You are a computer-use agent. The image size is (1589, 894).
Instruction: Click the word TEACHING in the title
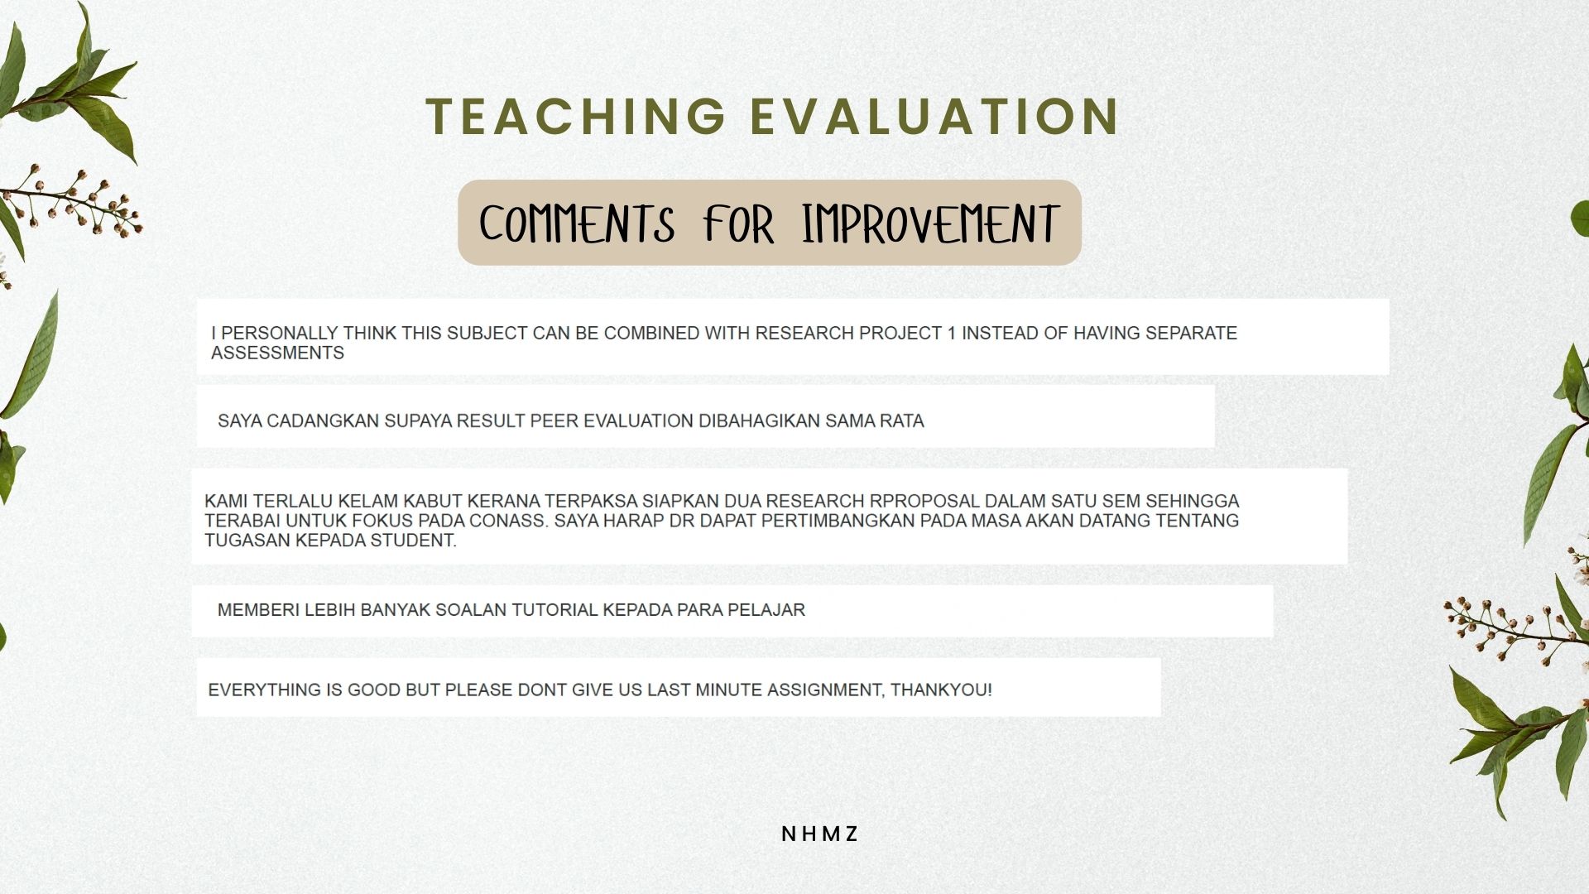point(576,115)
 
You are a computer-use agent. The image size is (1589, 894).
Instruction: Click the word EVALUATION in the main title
point(935,115)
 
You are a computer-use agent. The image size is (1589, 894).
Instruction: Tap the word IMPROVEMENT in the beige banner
point(930,223)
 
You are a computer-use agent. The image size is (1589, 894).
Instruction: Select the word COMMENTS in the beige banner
point(577,223)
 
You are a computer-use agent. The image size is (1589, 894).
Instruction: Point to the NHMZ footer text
point(819,834)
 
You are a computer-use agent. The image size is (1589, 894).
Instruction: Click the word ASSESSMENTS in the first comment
point(277,353)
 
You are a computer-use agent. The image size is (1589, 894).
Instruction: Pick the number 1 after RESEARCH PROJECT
point(951,333)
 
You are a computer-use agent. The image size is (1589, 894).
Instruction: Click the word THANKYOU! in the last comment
point(941,690)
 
